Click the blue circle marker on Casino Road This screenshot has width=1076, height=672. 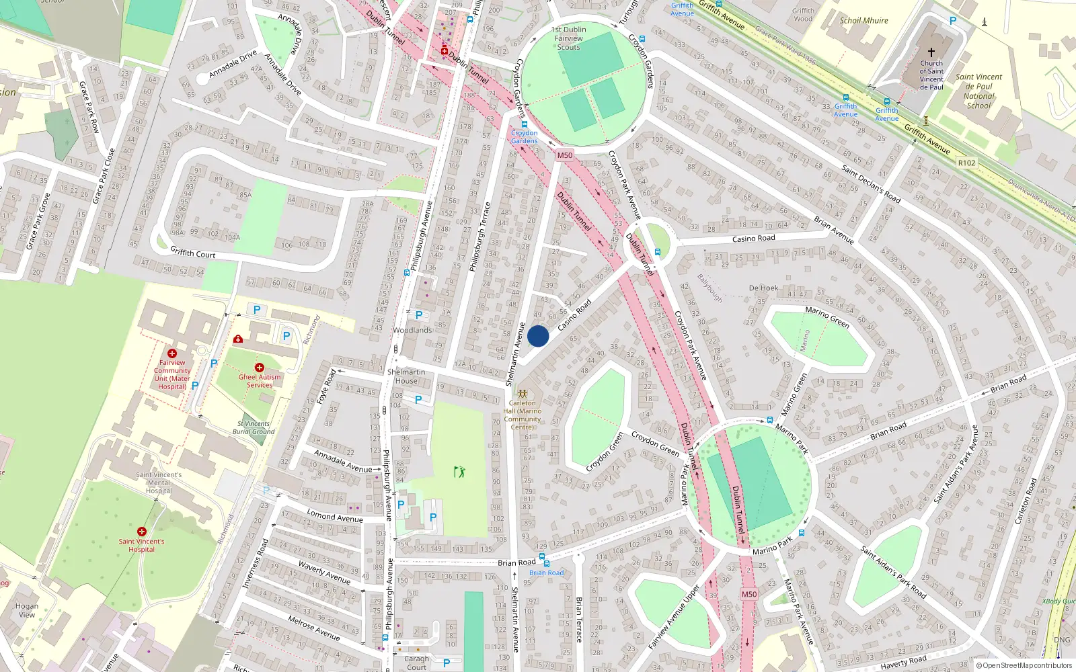click(538, 336)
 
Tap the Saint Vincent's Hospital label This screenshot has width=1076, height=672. click(141, 545)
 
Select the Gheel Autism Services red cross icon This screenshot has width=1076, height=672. click(260, 368)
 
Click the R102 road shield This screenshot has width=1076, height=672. click(966, 163)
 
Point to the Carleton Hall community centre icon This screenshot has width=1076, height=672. click(522, 392)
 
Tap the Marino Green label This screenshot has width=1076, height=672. click(827, 317)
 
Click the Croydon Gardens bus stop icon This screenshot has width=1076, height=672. click(525, 124)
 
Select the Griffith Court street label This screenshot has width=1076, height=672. click(193, 253)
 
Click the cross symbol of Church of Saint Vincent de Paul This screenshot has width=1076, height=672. click(931, 52)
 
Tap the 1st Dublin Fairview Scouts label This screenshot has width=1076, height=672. click(568, 38)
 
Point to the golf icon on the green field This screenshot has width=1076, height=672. click(459, 472)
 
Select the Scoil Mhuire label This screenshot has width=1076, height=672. click(863, 20)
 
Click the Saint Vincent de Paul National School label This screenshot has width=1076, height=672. click(978, 91)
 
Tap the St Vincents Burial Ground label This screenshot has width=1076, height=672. click(254, 427)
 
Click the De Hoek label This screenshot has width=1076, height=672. click(763, 288)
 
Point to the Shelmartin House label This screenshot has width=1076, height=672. click(406, 376)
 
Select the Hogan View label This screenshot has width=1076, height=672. click(27, 610)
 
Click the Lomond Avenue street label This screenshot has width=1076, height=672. click(335, 516)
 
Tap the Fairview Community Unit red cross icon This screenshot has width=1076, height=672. click(172, 353)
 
